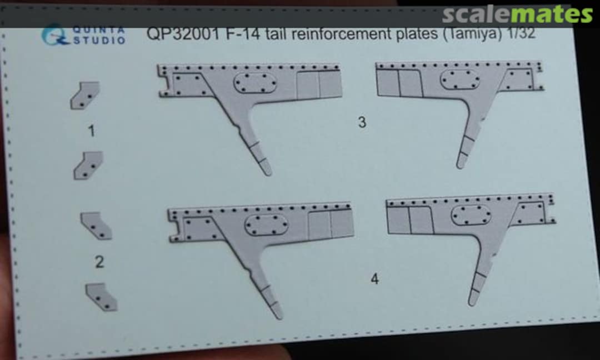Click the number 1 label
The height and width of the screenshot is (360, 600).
[92, 131]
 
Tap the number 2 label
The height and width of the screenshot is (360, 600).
[99, 262]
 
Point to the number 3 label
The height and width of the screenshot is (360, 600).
[362, 122]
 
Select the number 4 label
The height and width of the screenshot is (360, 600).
[375, 279]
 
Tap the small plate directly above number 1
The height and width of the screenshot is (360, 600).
[85, 95]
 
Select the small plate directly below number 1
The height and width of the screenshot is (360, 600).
[88, 165]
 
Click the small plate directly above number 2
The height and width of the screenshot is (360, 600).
[96, 224]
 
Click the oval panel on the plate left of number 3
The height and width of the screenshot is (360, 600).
[255, 84]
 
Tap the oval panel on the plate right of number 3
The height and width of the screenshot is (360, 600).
[460, 79]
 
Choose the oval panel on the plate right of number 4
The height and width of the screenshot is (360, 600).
[471, 215]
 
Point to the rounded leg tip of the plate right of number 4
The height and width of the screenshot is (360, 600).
[473, 300]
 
